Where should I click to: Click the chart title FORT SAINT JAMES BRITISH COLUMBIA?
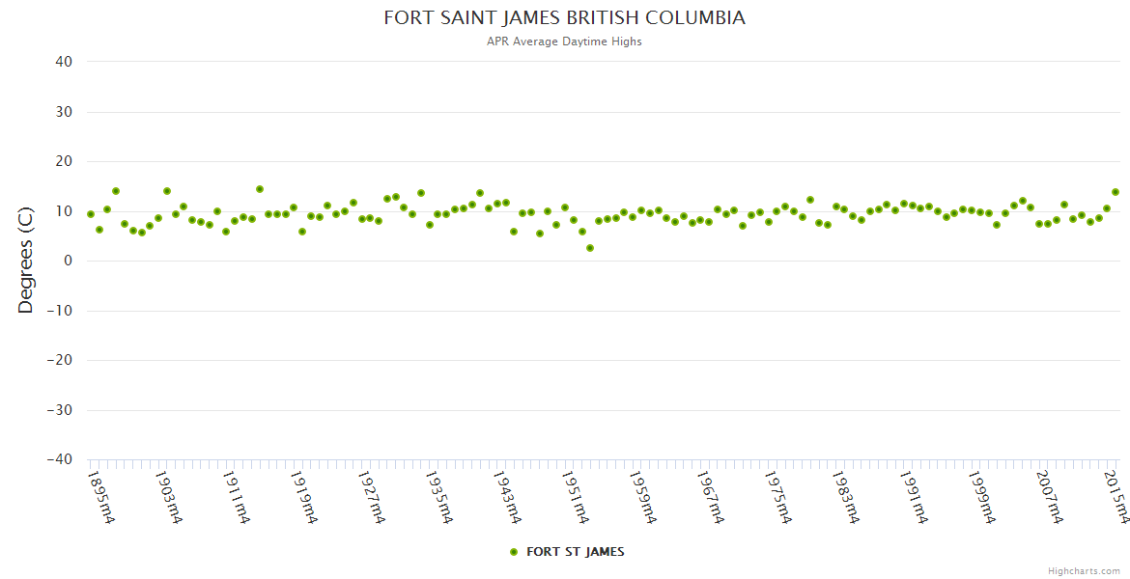pos(565,18)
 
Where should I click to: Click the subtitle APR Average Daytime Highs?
pos(565,41)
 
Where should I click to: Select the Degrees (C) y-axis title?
pos(26,261)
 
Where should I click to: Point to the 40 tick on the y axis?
pos(64,62)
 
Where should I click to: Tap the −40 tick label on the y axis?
pos(59,460)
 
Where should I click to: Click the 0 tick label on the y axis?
pos(68,261)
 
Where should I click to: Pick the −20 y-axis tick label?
pos(59,361)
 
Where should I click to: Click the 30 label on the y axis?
pos(64,112)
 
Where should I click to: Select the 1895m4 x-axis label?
pos(101,497)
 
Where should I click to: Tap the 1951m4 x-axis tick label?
pos(576,497)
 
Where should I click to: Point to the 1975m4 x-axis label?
pos(778,497)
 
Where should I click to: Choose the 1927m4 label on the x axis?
pos(373,497)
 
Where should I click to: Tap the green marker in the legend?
pos(514,552)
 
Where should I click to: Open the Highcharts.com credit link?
pos(1084,571)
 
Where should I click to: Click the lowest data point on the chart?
pos(590,248)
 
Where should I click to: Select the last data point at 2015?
pos(1116,192)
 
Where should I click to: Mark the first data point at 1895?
pos(91,214)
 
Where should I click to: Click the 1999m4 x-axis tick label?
pos(982,497)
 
